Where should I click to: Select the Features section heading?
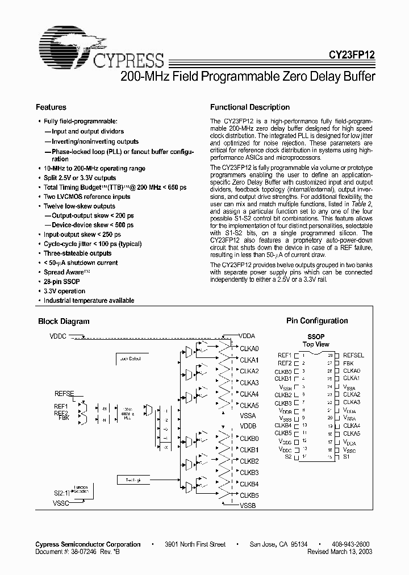click(51, 107)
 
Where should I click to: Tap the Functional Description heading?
click(250, 107)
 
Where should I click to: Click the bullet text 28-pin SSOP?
click(62, 282)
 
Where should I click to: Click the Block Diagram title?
click(64, 321)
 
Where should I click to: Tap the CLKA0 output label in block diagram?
click(249, 348)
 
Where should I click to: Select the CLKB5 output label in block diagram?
click(249, 495)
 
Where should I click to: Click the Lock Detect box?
click(132, 359)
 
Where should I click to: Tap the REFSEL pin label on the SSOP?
click(353, 356)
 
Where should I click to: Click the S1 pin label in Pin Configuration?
click(347, 456)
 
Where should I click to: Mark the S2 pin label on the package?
click(288, 456)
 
